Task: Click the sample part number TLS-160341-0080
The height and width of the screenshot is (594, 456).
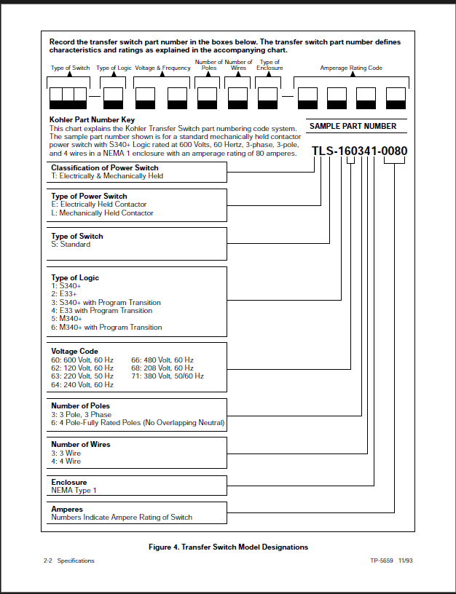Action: (x=359, y=151)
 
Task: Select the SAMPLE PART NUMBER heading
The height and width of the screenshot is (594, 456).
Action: (x=353, y=126)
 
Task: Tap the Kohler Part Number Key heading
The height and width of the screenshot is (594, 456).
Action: (x=92, y=120)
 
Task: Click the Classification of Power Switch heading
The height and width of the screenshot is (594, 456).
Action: (x=103, y=167)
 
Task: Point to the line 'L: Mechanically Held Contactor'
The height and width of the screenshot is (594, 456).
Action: (x=102, y=213)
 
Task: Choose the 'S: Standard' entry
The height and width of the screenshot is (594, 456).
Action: (x=71, y=245)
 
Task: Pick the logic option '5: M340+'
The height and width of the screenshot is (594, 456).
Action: (x=66, y=319)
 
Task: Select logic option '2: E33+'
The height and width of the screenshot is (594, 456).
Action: (x=64, y=294)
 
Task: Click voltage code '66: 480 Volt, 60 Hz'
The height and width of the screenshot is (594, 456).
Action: (x=162, y=360)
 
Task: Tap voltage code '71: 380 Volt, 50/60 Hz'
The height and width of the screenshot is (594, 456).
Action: (x=168, y=376)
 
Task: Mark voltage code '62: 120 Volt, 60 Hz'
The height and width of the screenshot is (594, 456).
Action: (x=82, y=368)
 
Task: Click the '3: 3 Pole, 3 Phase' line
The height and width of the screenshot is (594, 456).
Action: (x=80, y=414)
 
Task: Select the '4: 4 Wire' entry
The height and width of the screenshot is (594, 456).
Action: (x=66, y=462)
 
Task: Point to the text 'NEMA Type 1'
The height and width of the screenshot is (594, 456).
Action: (x=74, y=491)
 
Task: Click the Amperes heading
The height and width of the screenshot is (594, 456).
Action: (x=67, y=510)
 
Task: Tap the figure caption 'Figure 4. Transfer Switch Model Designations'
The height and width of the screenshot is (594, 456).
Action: (x=228, y=547)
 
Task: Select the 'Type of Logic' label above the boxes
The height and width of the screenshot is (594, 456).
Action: (x=113, y=68)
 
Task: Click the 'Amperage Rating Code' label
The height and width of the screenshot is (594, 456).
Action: (x=351, y=68)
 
